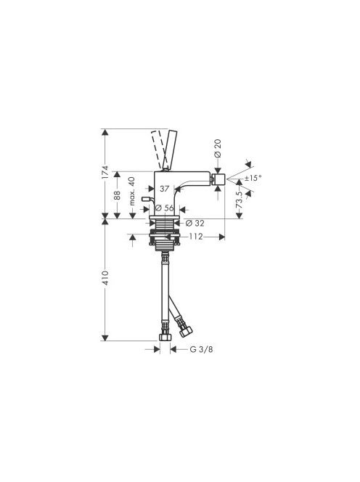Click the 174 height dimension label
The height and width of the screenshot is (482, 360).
[105, 172]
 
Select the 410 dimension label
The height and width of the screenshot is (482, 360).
[105, 277]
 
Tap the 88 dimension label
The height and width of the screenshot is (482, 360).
[117, 195]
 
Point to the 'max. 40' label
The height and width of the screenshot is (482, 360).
[132, 191]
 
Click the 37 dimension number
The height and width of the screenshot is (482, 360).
[165, 189]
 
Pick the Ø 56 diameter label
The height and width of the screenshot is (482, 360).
[165, 208]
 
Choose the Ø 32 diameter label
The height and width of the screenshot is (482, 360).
[195, 223]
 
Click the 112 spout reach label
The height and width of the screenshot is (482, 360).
[196, 237]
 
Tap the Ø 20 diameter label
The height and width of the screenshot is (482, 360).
[218, 148]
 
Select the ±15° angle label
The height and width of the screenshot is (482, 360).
[253, 177]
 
